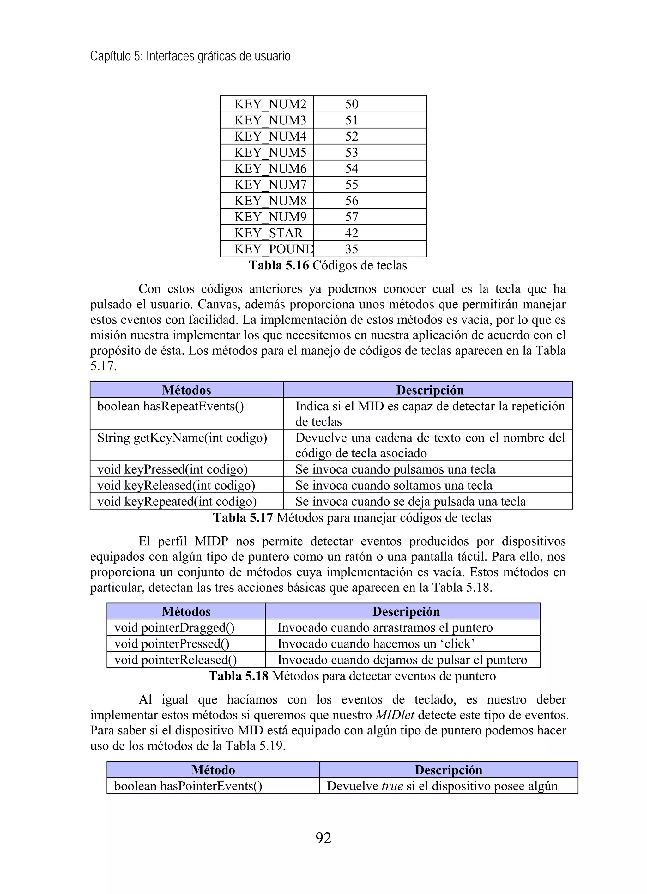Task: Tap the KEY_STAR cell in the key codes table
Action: click(269, 233)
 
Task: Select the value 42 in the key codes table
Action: click(351, 233)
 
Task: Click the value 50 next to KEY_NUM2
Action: click(351, 104)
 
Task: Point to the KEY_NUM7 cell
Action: click(270, 184)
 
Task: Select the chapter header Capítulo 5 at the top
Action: click(190, 56)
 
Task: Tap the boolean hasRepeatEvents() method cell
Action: click(170, 406)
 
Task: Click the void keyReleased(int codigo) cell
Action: click(176, 485)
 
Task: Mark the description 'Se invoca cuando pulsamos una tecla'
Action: click(395, 469)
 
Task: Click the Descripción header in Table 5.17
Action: click(429, 390)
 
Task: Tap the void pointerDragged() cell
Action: click(174, 627)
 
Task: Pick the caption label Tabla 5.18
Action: click(238, 676)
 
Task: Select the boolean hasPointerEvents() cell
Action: click(188, 786)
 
